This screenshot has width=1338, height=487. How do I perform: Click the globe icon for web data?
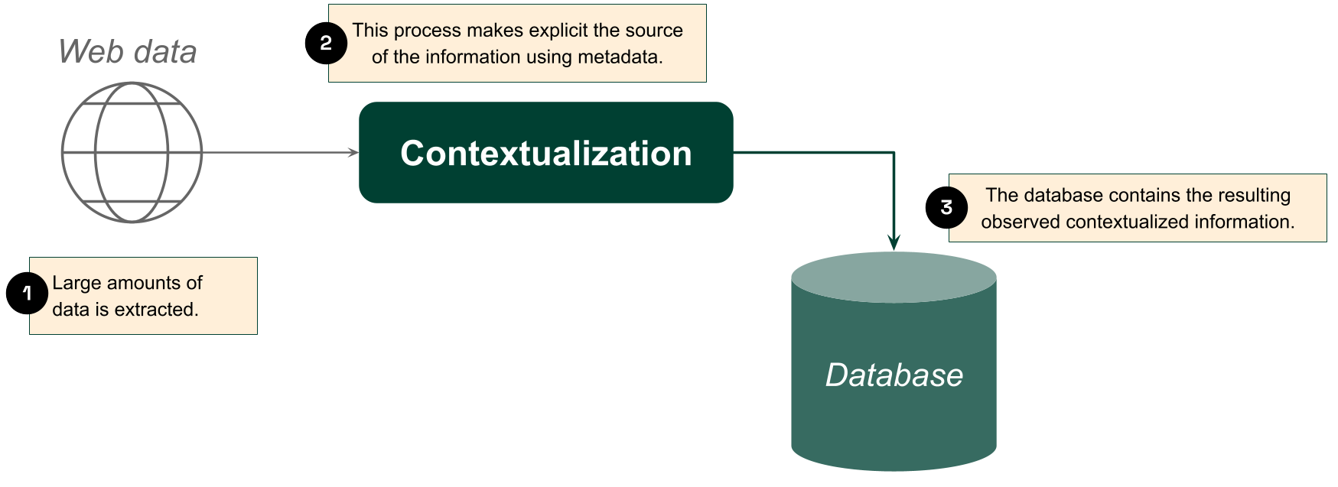[132, 153]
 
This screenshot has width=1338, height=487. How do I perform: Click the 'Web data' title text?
[128, 52]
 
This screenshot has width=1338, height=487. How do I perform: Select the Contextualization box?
[546, 153]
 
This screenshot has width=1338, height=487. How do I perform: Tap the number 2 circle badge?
[327, 43]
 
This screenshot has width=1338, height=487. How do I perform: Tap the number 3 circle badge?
[948, 207]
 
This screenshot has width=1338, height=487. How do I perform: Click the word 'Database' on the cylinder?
[894, 375]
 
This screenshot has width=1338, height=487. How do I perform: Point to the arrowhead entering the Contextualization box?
[353, 153]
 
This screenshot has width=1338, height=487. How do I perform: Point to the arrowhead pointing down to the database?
[894, 242]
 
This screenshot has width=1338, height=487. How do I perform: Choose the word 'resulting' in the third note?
[1253, 196]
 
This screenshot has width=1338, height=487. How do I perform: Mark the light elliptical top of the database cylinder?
[894, 277]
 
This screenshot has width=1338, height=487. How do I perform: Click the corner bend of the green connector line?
[894, 153]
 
